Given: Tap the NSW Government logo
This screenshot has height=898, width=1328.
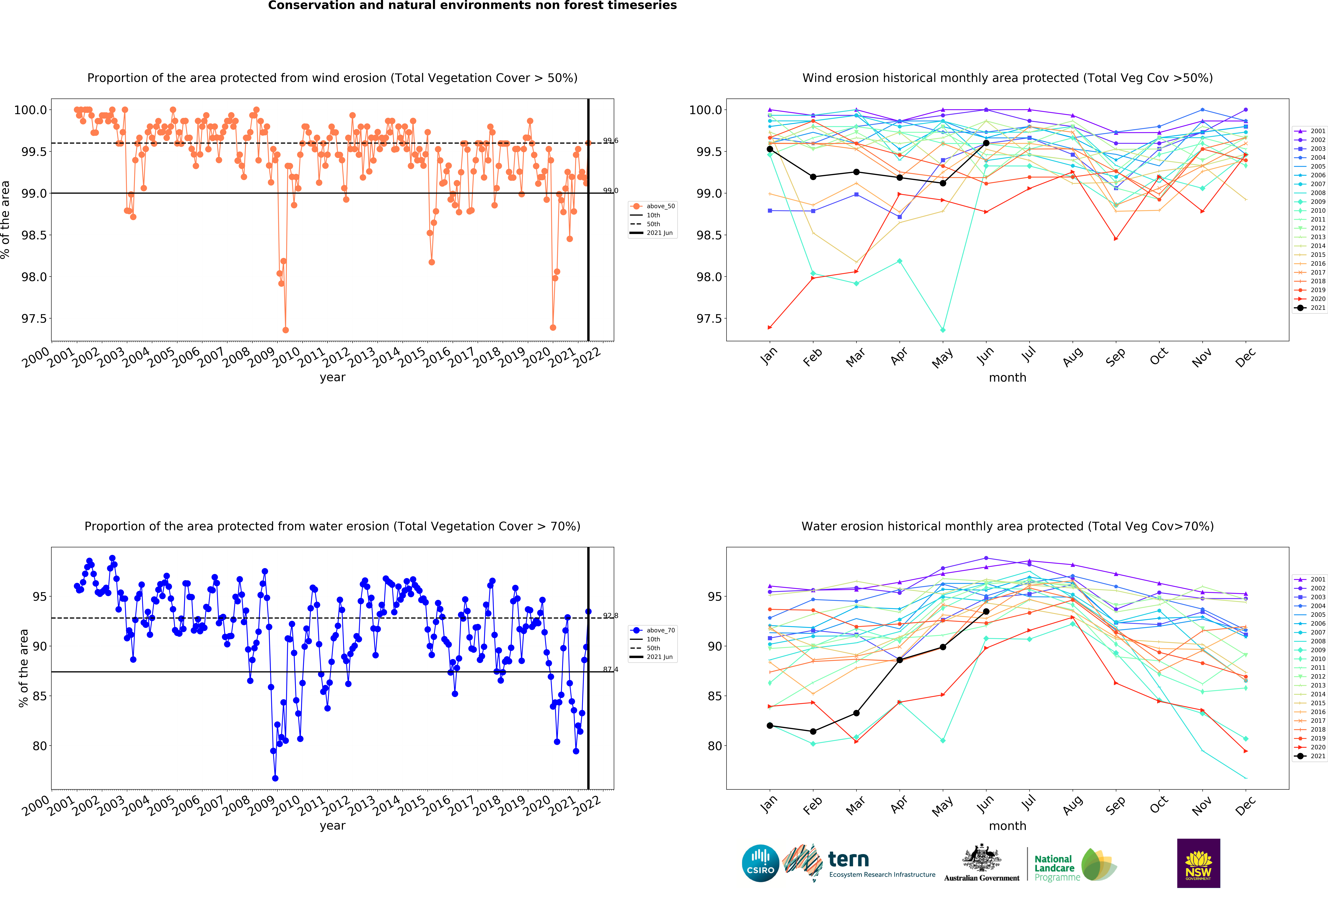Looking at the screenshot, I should click(x=1198, y=863).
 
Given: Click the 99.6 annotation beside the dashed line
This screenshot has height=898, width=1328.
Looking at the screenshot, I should click(x=610, y=141).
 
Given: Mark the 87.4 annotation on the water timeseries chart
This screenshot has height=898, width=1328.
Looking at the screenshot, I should click(x=610, y=669).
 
